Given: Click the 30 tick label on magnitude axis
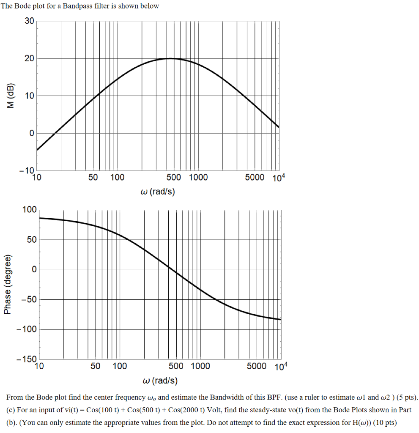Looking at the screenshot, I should tap(29, 21).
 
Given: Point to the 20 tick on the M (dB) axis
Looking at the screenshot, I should tap(29, 58).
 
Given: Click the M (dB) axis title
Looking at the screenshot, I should tap(11, 96).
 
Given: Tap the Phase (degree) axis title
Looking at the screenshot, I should tap(8, 285).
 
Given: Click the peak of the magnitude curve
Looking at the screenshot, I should tap(170, 59).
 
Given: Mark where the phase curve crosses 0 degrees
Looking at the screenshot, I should tap(170, 269).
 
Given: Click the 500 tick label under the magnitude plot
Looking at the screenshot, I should tap(174, 178).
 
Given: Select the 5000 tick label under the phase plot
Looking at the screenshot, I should tap(257, 366).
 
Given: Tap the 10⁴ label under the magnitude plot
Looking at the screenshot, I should tap(279, 178).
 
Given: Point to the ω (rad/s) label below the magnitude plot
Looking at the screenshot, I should tap(157, 192).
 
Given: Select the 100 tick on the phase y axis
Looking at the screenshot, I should tap(30, 210).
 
